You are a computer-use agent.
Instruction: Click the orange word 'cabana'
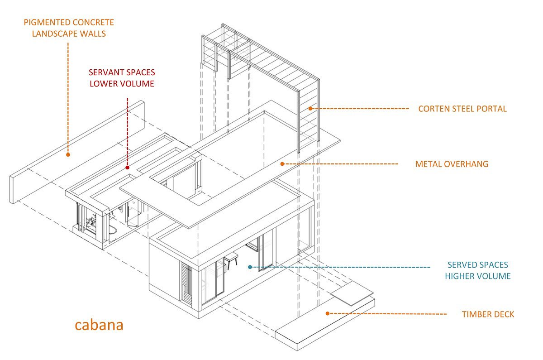click(99, 325)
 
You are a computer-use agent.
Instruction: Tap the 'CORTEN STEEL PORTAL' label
click(462, 109)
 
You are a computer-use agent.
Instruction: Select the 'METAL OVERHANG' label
click(452, 164)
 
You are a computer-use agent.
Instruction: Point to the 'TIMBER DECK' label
click(488, 314)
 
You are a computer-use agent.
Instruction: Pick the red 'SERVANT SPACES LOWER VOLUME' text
click(122, 78)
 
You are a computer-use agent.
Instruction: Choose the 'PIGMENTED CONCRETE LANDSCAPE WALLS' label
click(69, 28)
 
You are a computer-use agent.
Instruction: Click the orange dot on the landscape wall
click(68, 154)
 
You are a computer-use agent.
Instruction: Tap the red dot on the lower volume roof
click(128, 168)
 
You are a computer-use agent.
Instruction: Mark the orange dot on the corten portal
click(310, 108)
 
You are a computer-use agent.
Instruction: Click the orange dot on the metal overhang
click(282, 163)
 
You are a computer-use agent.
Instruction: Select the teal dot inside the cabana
click(250, 267)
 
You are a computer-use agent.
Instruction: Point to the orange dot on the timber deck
click(327, 313)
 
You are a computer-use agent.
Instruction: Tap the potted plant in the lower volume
click(91, 221)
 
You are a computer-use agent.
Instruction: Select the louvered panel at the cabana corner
click(186, 283)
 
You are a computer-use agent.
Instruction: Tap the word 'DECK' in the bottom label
click(504, 314)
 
